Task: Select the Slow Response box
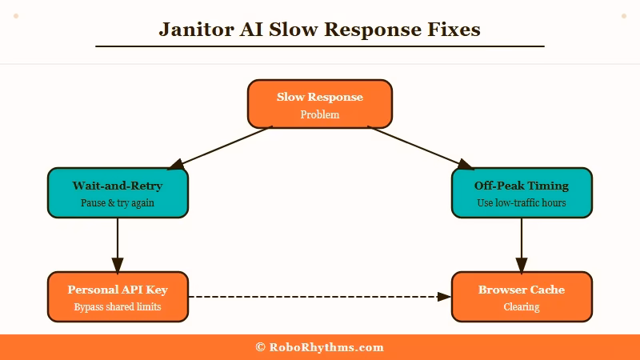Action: (x=320, y=104)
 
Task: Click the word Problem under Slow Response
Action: (x=320, y=115)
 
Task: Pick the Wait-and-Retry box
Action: (x=118, y=193)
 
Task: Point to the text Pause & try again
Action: (x=118, y=203)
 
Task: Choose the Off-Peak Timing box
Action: (x=522, y=193)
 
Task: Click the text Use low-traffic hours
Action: (x=522, y=203)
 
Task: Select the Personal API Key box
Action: (x=118, y=297)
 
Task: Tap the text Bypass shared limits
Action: (x=118, y=307)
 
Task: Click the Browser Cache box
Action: (x=522, y=297)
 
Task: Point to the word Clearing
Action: (x=522, y=307)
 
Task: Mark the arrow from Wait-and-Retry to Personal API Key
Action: (x=118, y=244)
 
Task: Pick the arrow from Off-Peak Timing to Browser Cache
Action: (x=522, y=244)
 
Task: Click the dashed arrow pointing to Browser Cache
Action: (x=320, y=297)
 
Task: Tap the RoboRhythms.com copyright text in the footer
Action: (x=320, y=347)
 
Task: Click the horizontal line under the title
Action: (x=320, y=46)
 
